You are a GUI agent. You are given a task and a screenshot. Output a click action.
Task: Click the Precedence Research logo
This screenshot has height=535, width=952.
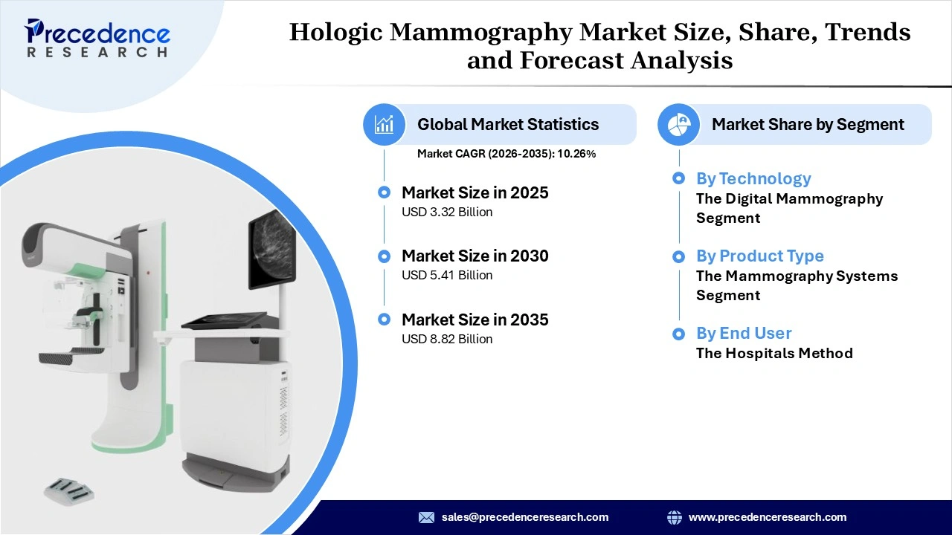tap(97, 37)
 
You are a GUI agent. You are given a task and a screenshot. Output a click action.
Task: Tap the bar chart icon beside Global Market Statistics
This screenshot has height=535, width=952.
tap(384, 124)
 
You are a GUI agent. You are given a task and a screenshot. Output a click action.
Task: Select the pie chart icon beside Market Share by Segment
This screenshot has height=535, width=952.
tap(678, 124)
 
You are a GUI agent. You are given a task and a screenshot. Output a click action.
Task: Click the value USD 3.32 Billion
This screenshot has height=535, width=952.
tap(447, 212)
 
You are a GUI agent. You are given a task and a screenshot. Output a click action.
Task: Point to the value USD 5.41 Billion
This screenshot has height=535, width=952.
tap(447, 275)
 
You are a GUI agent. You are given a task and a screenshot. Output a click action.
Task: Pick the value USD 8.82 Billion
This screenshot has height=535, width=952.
tap(447, 339)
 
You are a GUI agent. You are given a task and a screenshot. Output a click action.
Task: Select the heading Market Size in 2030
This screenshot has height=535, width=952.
tap(475, 256)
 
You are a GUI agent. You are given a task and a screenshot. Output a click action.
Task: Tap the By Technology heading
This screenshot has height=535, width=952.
tap(753, 178)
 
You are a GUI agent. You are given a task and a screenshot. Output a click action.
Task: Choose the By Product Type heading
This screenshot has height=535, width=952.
tap(760, 256)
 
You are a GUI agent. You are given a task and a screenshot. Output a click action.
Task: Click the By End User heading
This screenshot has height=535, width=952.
tap(744, 333)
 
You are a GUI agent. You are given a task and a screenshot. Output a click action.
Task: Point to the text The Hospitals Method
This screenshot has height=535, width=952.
tap(774, 353)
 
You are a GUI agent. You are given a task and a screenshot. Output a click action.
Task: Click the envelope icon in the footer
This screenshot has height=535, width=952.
tap(426, 517)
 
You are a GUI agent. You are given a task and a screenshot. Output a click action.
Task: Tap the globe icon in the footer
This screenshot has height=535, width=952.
tap(675, 517)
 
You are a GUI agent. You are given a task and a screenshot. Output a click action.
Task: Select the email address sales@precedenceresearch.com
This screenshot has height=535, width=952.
tap(525, 517)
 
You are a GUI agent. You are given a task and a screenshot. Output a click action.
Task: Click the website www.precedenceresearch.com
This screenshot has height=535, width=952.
tap(768, 517)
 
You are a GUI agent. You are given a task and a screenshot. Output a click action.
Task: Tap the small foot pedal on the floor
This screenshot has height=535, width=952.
tap(68, 488)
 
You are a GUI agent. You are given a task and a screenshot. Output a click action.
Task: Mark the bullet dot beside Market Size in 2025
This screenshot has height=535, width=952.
tap(384, 192)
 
